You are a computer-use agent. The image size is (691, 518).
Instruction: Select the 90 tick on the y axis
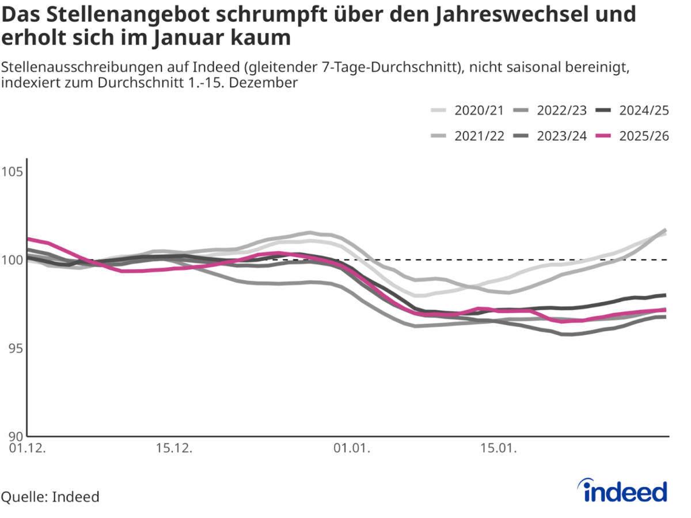(14, 436)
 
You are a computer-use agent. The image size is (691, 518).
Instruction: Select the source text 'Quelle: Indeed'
(50, 496)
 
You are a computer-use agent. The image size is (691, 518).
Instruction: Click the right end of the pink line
(665, 310)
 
